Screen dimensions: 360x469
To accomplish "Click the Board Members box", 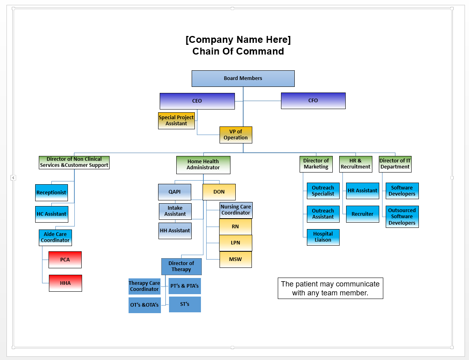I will click(x=243, y=78).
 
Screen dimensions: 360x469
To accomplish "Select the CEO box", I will click(x=197, y=101).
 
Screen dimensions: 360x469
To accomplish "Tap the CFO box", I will click(x=313, y=101).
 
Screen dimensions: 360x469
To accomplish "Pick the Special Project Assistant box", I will click(x=176, y=120).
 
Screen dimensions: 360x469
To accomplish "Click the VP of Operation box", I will click(x=236, y=135).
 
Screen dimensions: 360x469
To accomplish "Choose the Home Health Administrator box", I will click(x=203, y=165).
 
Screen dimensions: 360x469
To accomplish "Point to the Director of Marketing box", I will click(x=316, y=164).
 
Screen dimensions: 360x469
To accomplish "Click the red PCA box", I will click(x=65, y=260).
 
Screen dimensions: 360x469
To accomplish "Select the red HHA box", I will click(x=65, y=283).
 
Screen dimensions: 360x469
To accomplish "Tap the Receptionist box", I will click(x=51, y=193).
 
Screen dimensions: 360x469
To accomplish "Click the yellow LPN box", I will click(x=236, y=243).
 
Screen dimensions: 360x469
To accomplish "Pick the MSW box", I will click(x=236, y=259).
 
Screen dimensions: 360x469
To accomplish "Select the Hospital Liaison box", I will click(x=323, y=237).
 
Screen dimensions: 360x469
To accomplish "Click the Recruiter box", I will click(x=363, y=214).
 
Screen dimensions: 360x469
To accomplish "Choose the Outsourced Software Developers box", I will click(x=402, y=217).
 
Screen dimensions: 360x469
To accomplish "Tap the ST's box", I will click(x=185, y=304).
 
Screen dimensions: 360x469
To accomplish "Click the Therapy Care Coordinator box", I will click(x=144, y=286).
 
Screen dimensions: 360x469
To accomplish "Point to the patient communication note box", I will click(x=330, y=288).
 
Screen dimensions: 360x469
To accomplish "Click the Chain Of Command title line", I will click(x=238, y=51).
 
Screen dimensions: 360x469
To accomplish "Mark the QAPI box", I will click(x=175, y=192).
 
